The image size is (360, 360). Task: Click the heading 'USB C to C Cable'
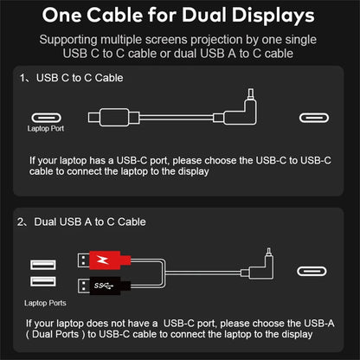pos(80,79)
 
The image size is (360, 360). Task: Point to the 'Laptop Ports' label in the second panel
pos(43,303)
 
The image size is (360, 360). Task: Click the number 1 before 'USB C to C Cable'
pos(22,79)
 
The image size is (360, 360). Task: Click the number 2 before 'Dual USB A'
pos(22,222)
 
